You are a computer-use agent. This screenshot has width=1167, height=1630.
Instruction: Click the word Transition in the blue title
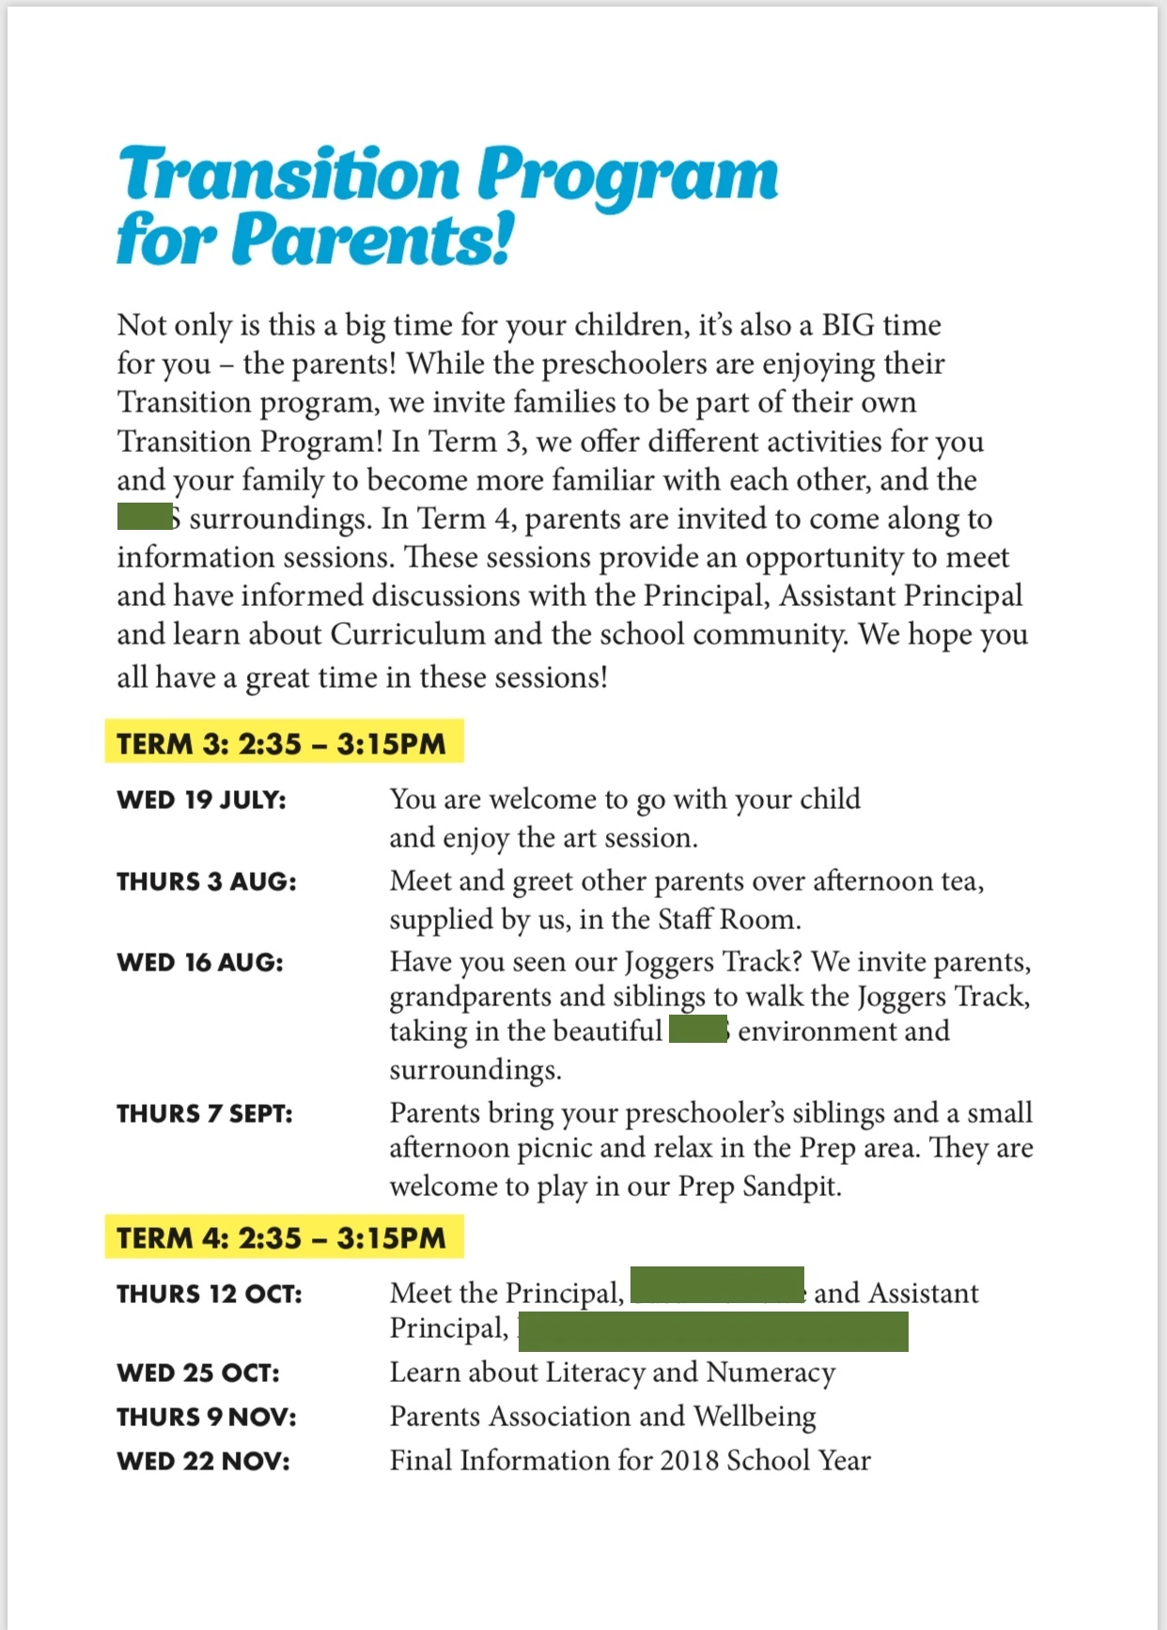click(289, 175)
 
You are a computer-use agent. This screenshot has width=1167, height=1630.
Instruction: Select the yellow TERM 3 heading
click(282, 744)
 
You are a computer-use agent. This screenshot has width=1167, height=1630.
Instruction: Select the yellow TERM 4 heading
click(282, 1238)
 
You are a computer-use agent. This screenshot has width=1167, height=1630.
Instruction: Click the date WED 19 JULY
click(201, 800)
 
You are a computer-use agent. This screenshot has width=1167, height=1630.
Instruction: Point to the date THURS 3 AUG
click(206, 882)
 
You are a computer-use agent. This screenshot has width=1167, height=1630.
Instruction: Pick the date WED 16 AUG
click(199, 963)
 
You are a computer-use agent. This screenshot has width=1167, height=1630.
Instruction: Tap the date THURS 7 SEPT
click(204, 1114)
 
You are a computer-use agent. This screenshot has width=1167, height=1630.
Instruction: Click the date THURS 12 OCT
click(209, 1295)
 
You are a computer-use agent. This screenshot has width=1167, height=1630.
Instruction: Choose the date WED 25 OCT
click(197, 1374)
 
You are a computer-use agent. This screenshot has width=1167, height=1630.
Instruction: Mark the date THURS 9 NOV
click(206, 1418)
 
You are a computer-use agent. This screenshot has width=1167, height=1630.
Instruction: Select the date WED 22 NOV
click(203, 1462)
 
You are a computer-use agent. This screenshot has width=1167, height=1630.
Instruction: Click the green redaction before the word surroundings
click(145, 518)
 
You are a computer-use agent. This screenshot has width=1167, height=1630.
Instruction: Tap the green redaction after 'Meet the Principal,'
click(717, 1284)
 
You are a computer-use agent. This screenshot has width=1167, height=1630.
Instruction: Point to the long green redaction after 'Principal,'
click(713, 1332)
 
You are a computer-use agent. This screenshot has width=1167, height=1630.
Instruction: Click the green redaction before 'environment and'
click(698, 1030)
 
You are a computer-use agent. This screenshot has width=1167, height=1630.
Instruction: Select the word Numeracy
click(770, 1373)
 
